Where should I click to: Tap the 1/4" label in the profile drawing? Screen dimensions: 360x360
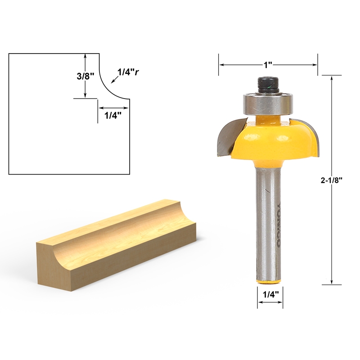113,116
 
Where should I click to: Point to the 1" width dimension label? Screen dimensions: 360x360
269,64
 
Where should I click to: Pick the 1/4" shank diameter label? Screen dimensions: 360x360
270,295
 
